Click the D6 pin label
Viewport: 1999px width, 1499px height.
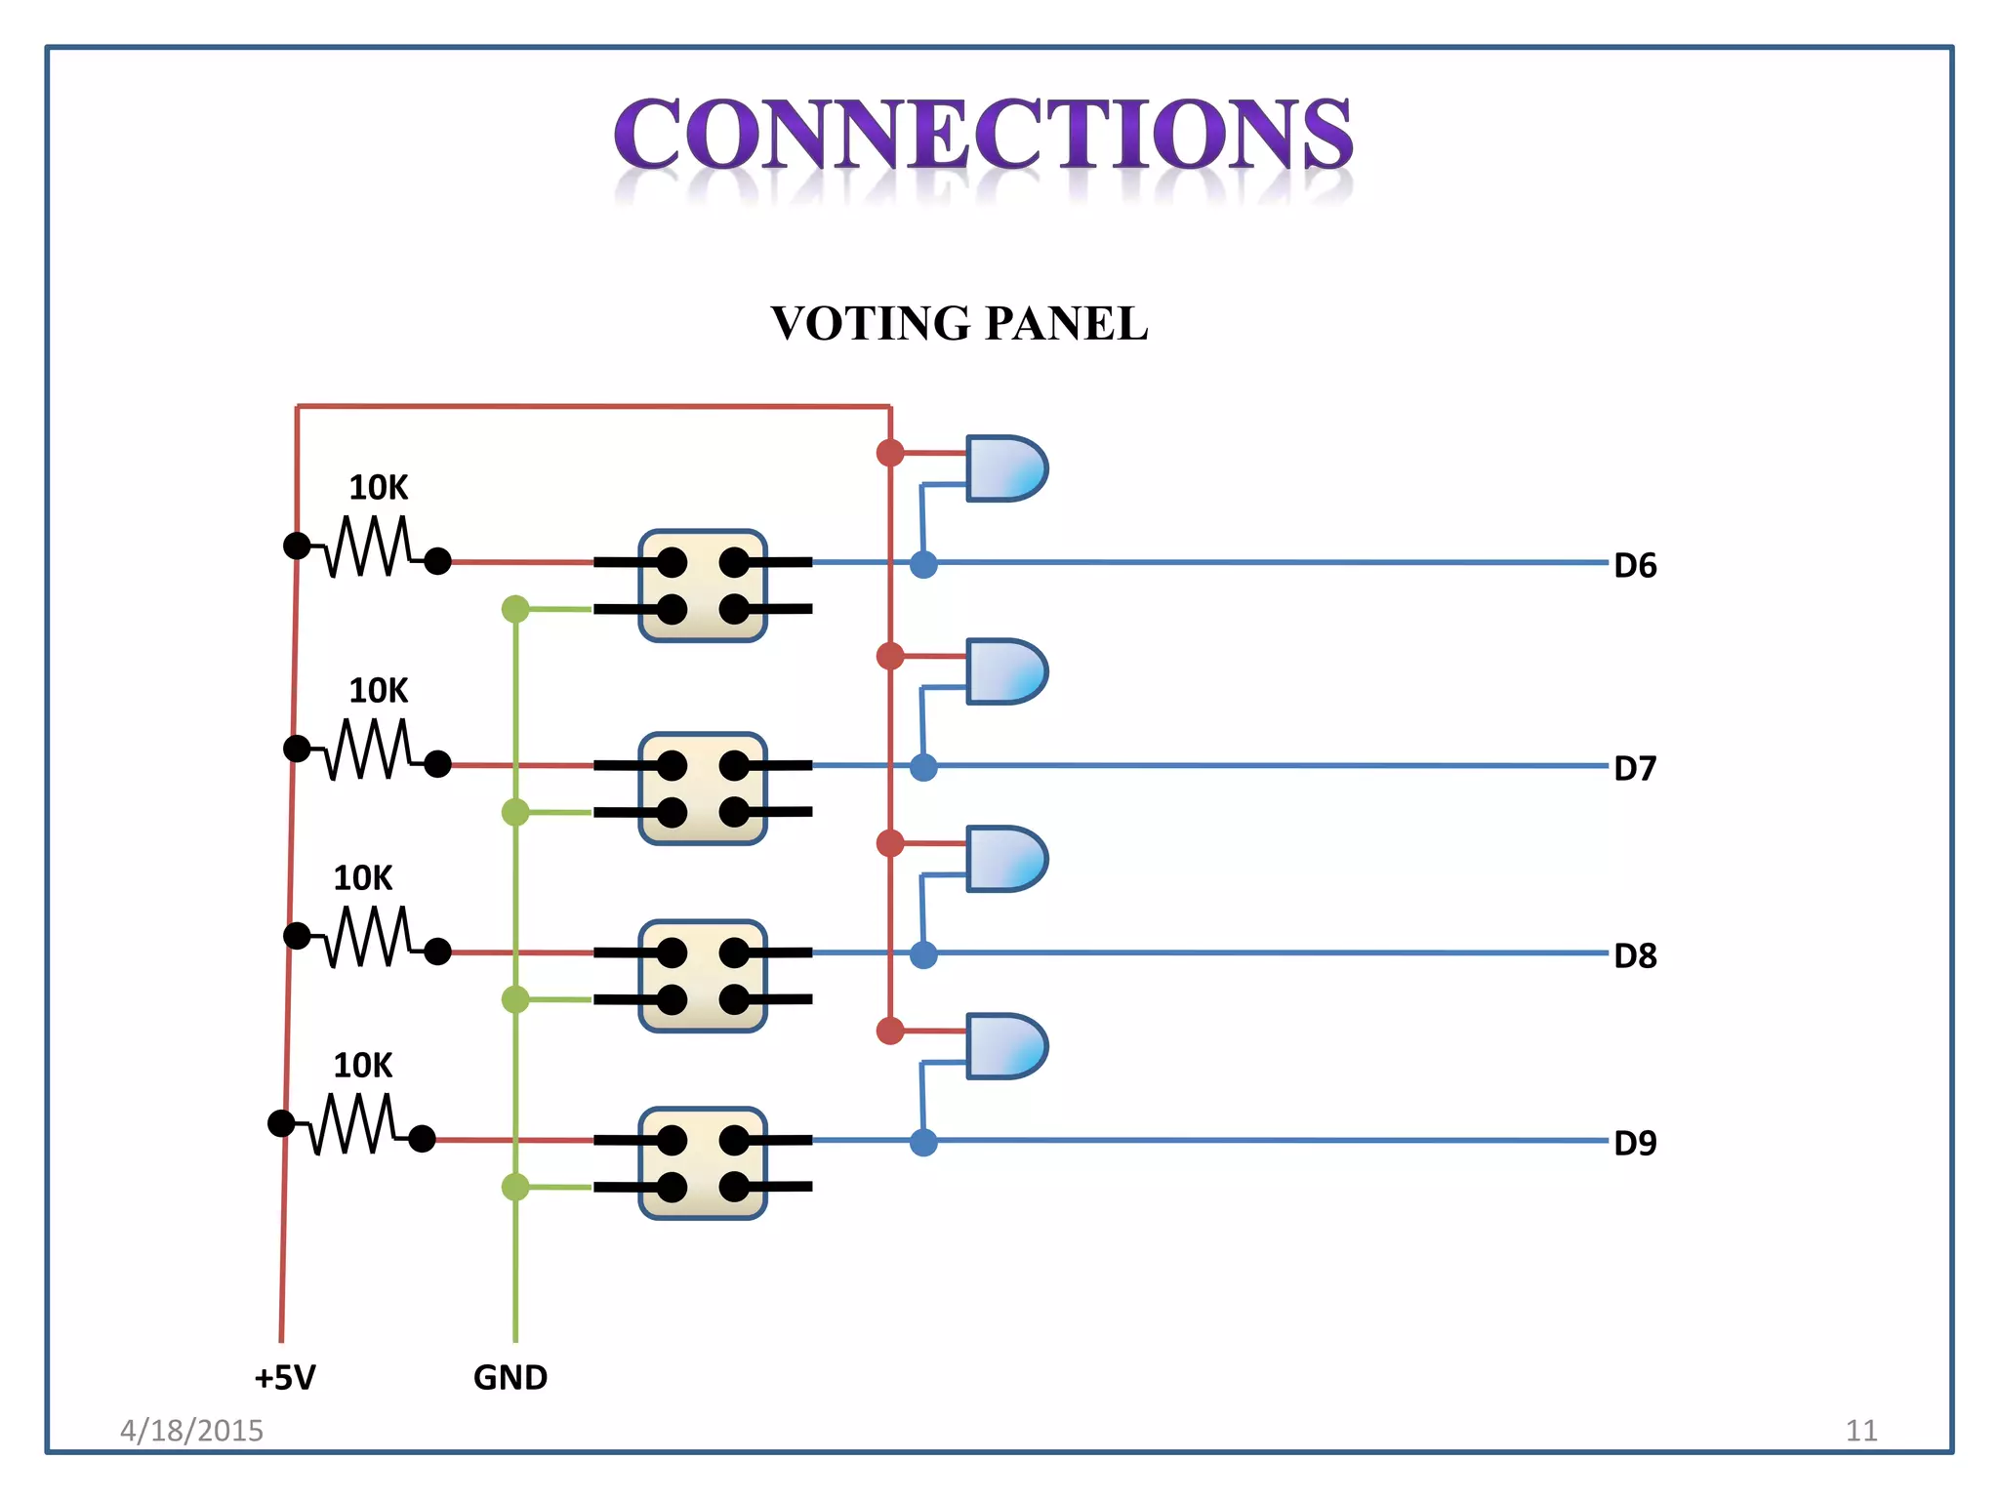(x=1635, y=566)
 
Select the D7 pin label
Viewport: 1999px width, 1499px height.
(x=1635, y=769)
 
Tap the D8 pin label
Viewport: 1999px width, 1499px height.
(x=1635, y=956)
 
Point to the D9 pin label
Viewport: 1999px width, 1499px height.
(x=1635, y=1144)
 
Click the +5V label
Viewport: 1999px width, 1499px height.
(x=285, y=1378)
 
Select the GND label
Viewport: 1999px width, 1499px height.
(x=510, y=1378)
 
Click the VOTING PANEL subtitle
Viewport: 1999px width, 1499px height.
(x=959, y=324)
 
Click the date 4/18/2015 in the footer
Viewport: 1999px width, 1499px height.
(x=191, y=1431)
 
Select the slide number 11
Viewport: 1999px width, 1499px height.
(x=1861, y=1431)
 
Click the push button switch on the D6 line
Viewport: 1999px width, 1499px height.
(x=703, y=586)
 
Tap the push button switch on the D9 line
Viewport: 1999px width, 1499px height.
(x=703, y=1163)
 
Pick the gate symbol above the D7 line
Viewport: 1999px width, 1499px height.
(x=1006, y=671)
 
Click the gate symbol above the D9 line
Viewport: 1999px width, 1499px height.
(x=1006, y=1046)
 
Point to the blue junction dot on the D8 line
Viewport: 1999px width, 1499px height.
(x=923, y=955)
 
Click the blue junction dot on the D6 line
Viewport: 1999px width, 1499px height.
(x=923, y=564)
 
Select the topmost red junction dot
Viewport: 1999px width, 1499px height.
(x=890, y=453)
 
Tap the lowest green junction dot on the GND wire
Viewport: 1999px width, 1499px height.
(x=515, y=1187)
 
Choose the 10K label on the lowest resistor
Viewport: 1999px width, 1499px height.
(x=363, y=1066)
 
